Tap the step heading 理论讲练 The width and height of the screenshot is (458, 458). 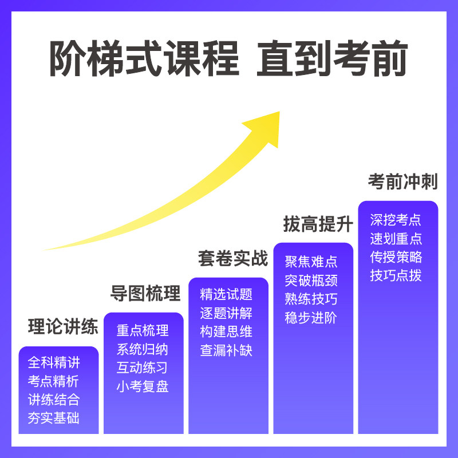[x=63, y=327]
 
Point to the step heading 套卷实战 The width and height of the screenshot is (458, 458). [x=233, y=258]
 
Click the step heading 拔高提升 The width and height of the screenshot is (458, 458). [x=318, y=224]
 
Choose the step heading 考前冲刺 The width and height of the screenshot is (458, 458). [x=402, y=182]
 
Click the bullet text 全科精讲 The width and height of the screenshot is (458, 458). [x=54, y=363]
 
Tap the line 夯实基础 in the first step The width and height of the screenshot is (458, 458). [x=54, y=418]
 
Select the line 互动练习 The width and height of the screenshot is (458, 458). [x=143, y=368]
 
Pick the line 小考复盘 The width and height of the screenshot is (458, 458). [x=143, y=386]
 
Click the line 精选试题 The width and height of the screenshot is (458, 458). [x=226, y=295]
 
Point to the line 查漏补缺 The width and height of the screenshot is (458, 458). [x=226, y=350]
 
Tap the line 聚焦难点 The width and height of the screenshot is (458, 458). [x=311, y=262]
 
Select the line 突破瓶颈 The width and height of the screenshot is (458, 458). [x=311, y=281]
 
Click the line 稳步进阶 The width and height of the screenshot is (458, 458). [x=311, y=318]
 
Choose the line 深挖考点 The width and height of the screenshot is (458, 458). [x=396, y=220]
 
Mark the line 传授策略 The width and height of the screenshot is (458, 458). [x=396, y=256]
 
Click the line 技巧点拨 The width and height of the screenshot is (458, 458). [x=396, y=275]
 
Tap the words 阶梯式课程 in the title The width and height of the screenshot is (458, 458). [x=144, y=59]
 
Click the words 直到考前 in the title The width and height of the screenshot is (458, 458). [x=332, y=59]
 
